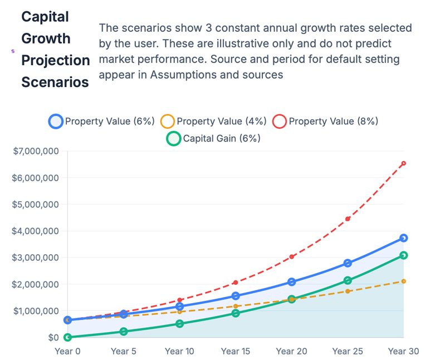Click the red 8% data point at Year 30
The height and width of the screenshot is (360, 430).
tap(403, 163)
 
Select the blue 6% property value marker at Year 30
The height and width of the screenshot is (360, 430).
tap(403, 238)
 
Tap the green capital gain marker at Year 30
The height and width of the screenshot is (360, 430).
tap(403, 255)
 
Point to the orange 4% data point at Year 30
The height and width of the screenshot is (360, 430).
tap(403, 281)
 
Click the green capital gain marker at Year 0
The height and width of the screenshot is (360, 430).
tap(67, 337)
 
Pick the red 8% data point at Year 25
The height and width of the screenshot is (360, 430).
tap(348, 219)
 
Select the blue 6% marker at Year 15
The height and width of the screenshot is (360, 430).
tap(236, 296)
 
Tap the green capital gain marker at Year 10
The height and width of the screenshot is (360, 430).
tap(179, 324)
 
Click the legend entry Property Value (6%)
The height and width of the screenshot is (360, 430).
tap(102, 121)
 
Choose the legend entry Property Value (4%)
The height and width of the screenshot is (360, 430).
tap(214, 121)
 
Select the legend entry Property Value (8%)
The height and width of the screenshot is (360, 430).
tap(326, 121)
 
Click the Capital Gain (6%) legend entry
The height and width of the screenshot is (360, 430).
tap(214, 139)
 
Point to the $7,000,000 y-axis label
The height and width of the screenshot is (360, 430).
tap(36, 151)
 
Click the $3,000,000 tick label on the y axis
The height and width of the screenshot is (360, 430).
tap(36, 257)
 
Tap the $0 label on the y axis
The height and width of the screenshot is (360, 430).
tap(53, 337)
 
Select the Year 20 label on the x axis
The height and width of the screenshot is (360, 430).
tap(292, 351)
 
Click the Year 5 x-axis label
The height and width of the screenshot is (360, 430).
tap(124, 351)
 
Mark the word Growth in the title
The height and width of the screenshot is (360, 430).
tap(46, 38)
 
